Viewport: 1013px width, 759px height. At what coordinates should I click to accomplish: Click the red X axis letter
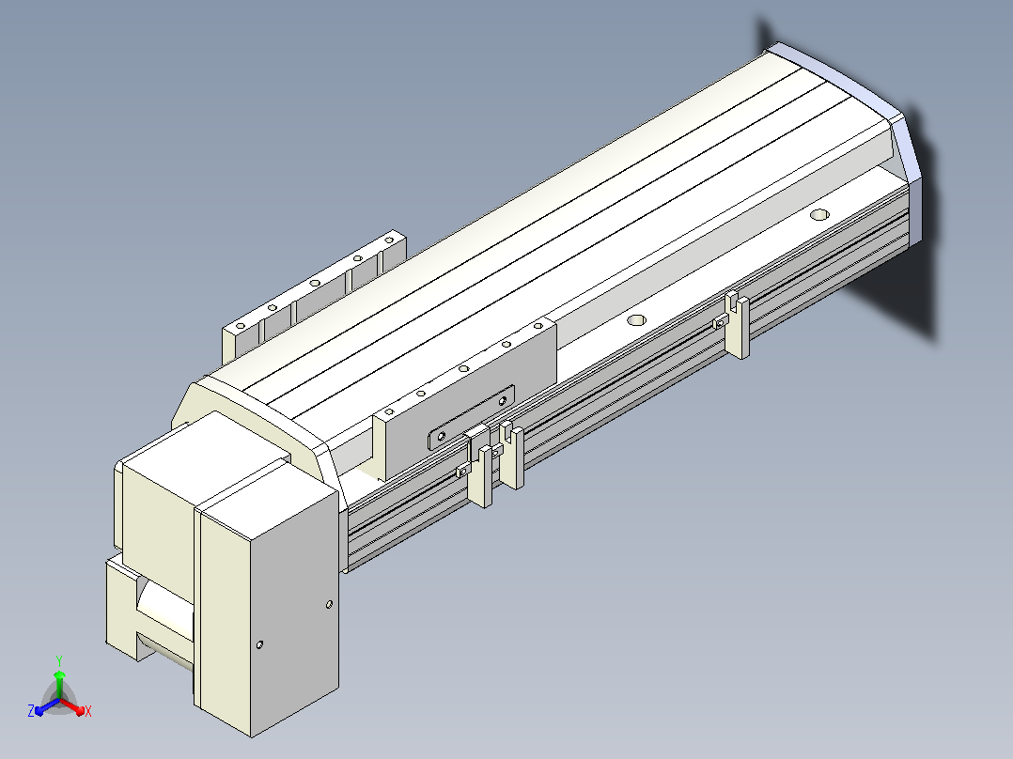pos(88,711)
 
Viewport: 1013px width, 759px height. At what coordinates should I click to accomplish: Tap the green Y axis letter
pos(59,660)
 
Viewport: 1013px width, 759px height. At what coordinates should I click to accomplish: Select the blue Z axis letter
pos(31,710)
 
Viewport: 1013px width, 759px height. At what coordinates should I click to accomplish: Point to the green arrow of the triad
pos(59,684)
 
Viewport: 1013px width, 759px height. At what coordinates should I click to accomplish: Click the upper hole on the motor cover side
pos(329,604)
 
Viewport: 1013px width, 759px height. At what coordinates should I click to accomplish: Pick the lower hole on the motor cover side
pos(259,644)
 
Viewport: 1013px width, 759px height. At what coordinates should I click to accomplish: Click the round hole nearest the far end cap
pos(819,214)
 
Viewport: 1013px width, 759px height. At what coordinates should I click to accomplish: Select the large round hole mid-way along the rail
pos(636,319)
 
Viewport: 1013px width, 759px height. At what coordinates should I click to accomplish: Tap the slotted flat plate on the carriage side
pos(471,417)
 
